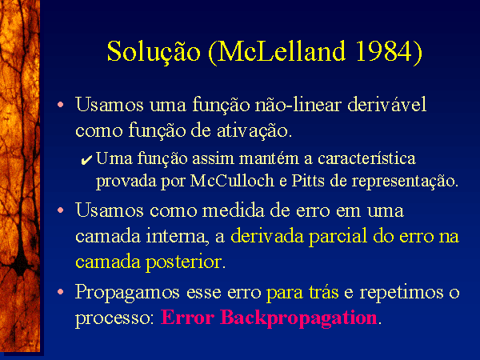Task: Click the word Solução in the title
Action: point(154,52)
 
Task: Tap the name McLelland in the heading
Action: point(282,51)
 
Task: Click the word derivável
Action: point(386,104)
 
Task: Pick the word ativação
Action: point(254,131)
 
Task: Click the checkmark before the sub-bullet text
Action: point(86,160)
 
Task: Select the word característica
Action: point(366,158)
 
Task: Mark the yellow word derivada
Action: point(267,236)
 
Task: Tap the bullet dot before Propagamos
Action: point(61,292)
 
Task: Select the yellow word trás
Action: point(324,292)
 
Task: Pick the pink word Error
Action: point(187,318)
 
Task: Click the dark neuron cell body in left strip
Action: point(21,264)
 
